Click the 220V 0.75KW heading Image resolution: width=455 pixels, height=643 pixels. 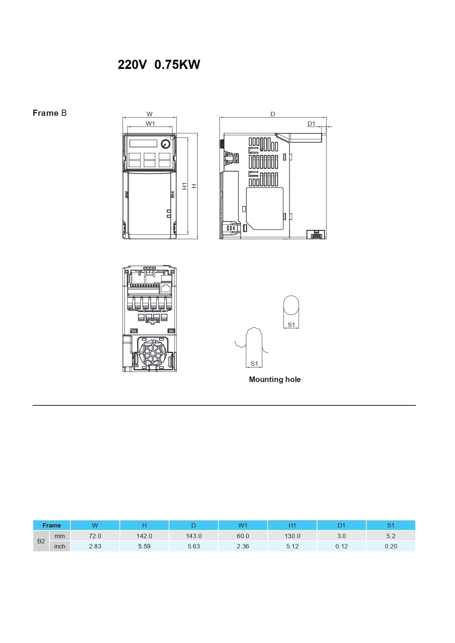[x=159, y=65]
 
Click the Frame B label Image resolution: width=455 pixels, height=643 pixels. [x=49, y=113]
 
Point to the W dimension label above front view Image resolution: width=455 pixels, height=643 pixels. [x=150, y=114]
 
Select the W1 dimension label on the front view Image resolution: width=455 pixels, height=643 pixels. [x=150, y=124]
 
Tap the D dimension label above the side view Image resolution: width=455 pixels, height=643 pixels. [x=273, y=114]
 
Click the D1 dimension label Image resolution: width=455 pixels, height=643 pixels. [x=311, y=124]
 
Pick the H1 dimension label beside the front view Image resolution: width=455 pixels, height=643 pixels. [x=185, y=186]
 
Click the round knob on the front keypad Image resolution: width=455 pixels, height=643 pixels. [x=166, y=144]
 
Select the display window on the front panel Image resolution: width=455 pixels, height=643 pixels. [x=143, y=143]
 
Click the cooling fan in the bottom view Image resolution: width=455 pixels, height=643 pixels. [x=152, y=353]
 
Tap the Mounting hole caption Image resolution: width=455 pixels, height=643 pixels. [x=275, y=379]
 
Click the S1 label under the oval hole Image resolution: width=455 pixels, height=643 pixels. [x=291, y=325]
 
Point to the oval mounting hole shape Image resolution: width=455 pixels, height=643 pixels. [x=291, y=305]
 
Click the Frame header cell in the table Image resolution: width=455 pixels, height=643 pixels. [x=52, y=525]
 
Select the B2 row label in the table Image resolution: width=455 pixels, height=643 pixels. [x=41, y=541]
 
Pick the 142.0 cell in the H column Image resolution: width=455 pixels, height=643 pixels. [x=144, y=536]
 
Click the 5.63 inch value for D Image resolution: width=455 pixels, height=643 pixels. [x=194, y=546]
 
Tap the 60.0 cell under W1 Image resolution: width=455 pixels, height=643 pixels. [x=243, y=536]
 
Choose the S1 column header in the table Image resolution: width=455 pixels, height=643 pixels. [x=391, y=525]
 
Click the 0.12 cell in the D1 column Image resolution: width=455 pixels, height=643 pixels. [x=341, y=546]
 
